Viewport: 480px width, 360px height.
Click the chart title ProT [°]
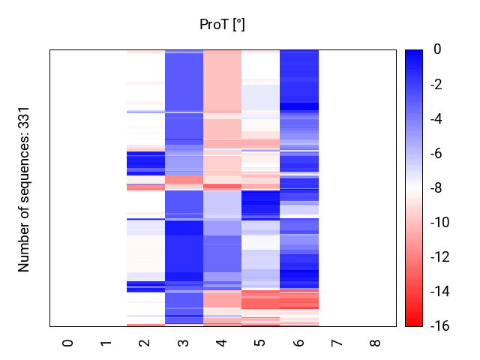pos(222,25)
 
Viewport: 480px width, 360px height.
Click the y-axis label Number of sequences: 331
pos(24,188)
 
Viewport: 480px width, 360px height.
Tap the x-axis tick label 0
pos(68,343)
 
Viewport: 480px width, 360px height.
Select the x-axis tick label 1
pos(106,343)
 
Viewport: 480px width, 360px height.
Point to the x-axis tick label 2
pos(145,343)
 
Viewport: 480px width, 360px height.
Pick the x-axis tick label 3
pos(184,343)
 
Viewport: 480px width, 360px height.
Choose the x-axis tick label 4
pos(222,343)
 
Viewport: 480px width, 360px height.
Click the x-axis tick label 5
pos(260,343)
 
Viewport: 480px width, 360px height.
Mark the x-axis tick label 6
pos(298,343)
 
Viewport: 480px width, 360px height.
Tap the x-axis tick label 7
pos(337,343)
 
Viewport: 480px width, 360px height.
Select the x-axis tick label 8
pos(376,343)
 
